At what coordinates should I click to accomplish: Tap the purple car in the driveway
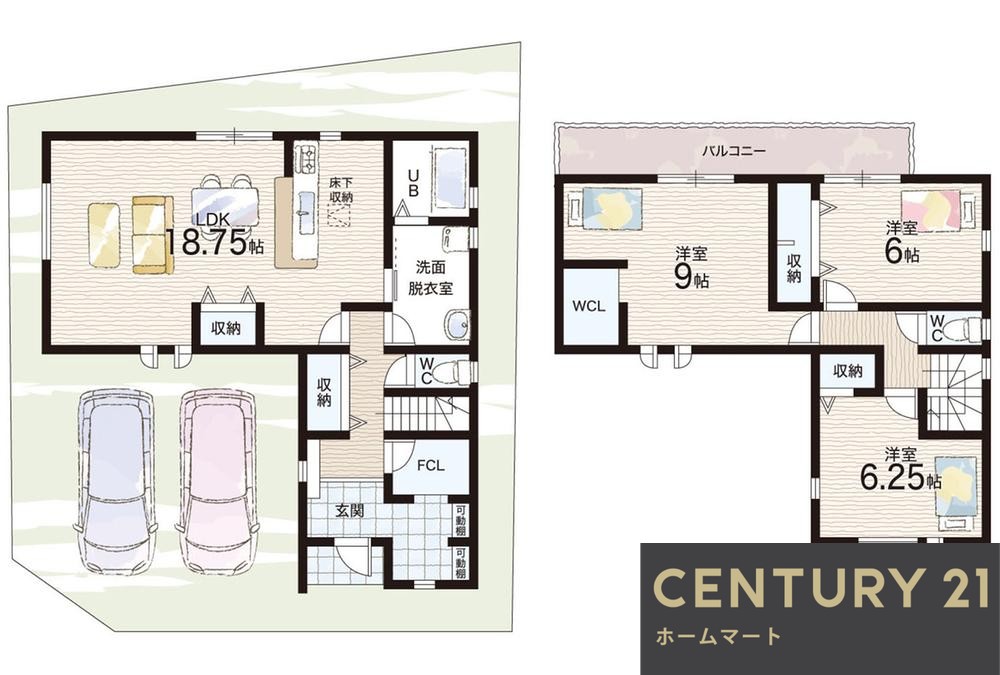[x=115, y=488]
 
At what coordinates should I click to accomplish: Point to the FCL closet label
[x=430, y=466]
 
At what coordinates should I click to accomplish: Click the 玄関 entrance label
[x=349, y=510]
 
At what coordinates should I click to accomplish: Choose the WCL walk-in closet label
[x=588, y=306]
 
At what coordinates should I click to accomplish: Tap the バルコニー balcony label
[x=733, y=152]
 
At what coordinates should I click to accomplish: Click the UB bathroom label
[x=413, y=183]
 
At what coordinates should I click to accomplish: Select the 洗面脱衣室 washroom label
[x=430, y=277]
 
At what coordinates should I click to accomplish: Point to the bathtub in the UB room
[x=450, y=178]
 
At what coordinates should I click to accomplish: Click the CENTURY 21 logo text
[x=822, y=587]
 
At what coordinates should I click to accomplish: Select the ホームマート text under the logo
[x=718, y=636]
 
